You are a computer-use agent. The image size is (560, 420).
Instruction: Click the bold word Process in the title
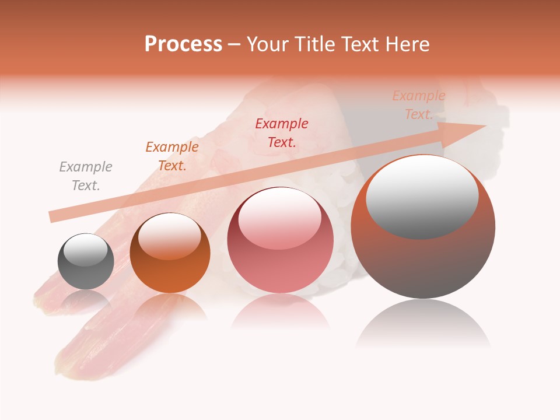coord(183,44)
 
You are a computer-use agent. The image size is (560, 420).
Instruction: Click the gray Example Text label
coord(86,176)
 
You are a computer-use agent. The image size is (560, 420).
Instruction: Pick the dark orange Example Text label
coord(172,156)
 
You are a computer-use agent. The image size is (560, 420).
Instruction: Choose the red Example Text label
coord(282,132)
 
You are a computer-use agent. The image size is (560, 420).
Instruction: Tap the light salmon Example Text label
coord(418,105)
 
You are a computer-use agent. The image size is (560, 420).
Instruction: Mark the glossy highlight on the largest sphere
coord(422,197)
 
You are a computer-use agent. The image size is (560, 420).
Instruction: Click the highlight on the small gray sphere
coord(85,249)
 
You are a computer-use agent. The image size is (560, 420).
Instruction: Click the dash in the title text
coord(234,44)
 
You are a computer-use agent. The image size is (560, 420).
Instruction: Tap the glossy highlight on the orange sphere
coord(169,236)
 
